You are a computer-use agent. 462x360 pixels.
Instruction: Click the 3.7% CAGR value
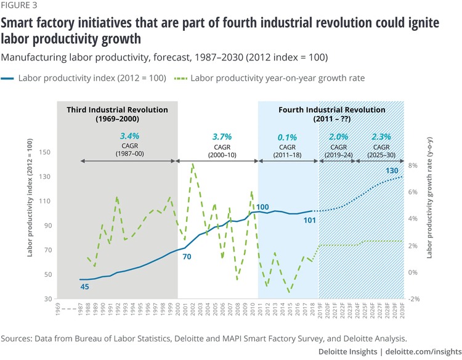point(216,135)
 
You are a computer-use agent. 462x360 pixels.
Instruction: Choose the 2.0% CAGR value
point(339,135)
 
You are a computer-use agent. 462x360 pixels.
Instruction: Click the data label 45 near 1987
point(86,287)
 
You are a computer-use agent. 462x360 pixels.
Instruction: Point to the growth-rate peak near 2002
point(193,164)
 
